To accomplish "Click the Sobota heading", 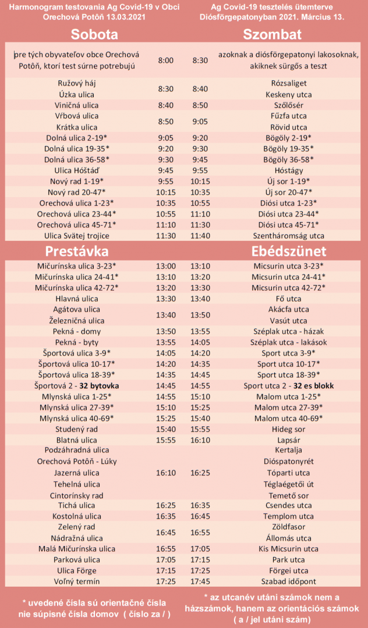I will click(x=94, y=34).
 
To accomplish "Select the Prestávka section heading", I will click(x=77, y=251).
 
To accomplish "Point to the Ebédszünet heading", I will click(x=288, y=251).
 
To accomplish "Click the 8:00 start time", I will click(x=165, y=60).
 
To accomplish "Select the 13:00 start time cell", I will click(x=165, y=266).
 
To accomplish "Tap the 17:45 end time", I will click(x=200, y=581).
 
